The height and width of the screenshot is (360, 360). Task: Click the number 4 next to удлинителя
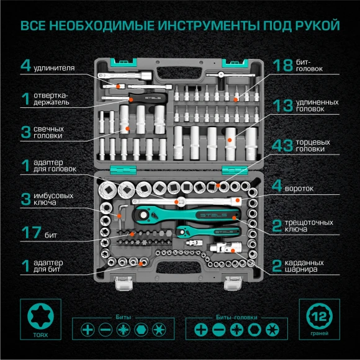click(25, 66)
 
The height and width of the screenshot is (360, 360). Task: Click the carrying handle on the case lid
click(179, 73)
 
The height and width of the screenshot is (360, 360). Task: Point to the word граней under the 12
click(318, 333)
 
